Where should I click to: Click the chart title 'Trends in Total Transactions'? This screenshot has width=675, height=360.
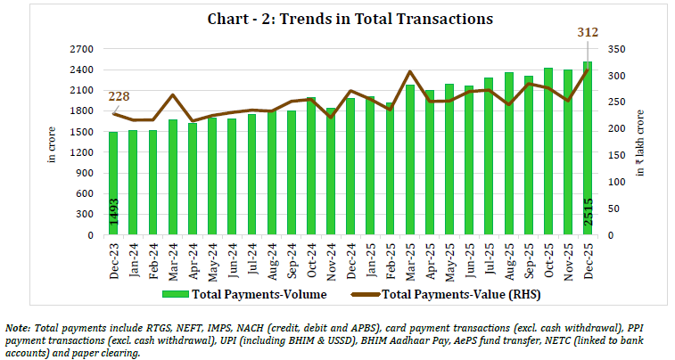(x=337, y=19)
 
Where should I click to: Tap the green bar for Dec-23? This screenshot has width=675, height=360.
(x=113, y=184)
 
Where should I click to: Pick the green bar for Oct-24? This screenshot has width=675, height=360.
(x=309, y=167)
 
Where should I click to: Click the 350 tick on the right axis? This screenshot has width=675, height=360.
(x=614, y=49)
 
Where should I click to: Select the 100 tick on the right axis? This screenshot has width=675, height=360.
(x=614, y=183)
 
